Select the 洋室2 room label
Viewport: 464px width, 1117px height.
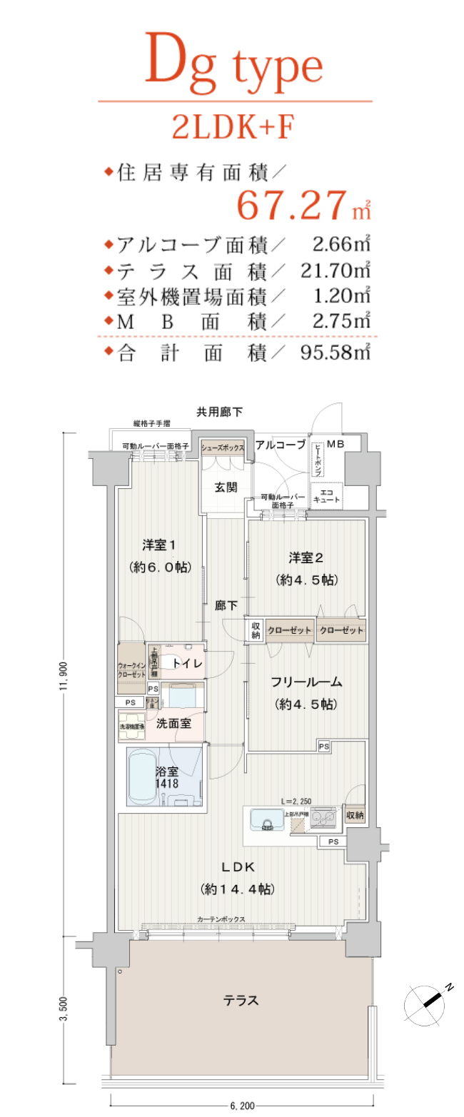307,557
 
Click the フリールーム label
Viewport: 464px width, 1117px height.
306,682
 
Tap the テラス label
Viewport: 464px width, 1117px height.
241,1000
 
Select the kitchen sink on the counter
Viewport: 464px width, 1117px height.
268,823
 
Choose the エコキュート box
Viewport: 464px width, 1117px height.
326,497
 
